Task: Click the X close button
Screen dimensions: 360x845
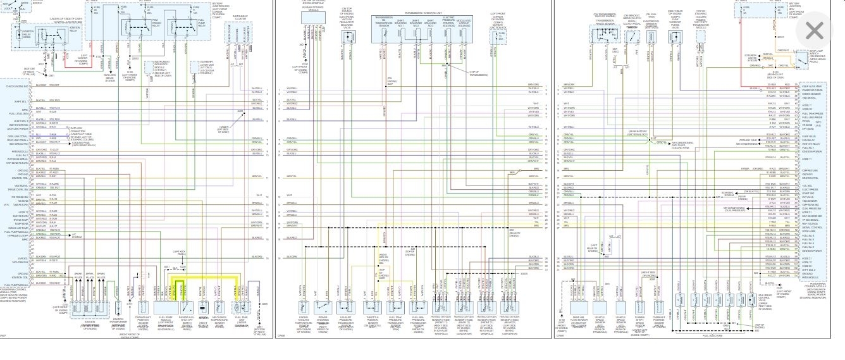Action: [815, 30]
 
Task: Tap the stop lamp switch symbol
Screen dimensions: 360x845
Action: [804, 60]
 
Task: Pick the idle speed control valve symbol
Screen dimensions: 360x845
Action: [767, 309]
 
